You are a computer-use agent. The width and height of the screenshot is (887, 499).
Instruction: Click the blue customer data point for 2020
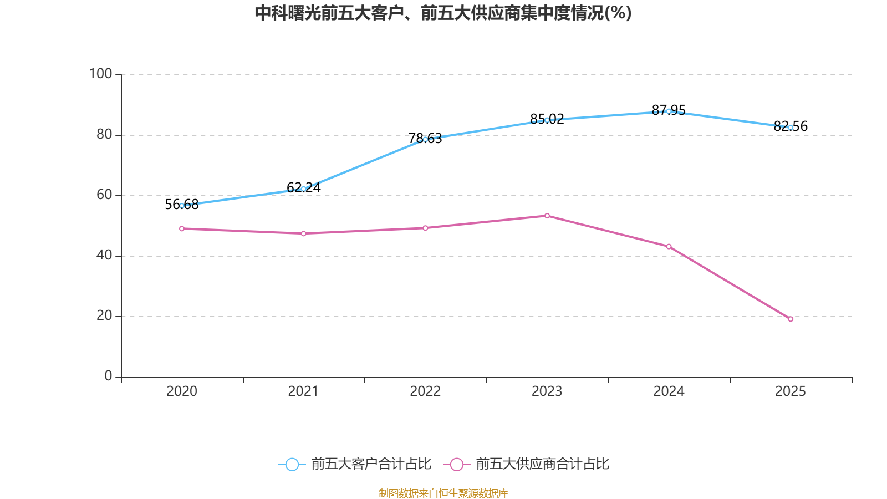(182, 206)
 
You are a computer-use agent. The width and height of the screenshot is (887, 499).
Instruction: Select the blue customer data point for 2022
(425, 139)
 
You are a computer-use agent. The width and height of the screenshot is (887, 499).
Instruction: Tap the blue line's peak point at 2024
(669, 111)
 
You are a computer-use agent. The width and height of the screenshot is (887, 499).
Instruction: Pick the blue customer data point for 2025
(791, 128)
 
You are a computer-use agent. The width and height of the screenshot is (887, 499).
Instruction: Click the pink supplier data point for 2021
(303, 233)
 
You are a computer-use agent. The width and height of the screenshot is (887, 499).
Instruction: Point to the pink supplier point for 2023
(547, 216)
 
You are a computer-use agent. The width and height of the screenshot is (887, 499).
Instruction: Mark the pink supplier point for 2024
(669, 246)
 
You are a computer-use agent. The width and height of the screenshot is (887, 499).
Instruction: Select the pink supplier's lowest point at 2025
(791, 319)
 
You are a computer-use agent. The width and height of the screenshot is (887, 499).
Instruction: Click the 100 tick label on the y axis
(100, 74)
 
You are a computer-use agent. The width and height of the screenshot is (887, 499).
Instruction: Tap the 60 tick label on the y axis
(104, 195)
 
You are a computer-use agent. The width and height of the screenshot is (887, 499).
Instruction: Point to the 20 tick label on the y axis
(104, 315)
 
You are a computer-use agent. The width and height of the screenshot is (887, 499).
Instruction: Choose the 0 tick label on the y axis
(108, 376)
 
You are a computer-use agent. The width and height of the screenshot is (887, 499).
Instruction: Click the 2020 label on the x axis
(182, 391)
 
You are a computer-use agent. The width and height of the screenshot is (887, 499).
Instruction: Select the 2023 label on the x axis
(547, 391)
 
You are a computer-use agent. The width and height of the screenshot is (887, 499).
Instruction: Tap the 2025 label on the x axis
(791, 391)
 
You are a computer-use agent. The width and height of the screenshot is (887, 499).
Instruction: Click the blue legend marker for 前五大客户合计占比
(292, 464)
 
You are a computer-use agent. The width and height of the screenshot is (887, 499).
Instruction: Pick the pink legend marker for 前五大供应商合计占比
(456, 464)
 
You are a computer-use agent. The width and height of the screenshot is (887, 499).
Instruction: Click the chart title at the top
(443, 13)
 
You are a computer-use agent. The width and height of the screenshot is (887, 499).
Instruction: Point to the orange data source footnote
(443, 493)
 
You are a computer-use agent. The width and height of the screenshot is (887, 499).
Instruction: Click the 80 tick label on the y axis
(104, 134)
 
